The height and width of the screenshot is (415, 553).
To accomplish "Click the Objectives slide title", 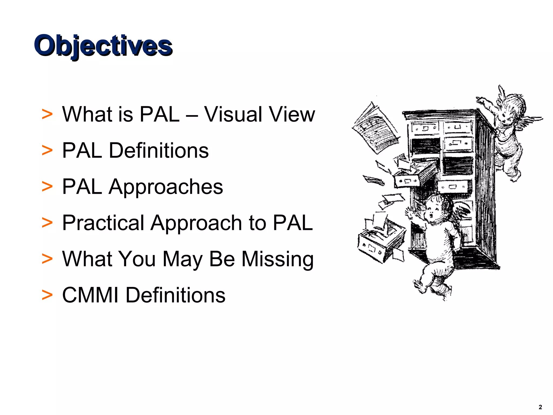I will (x=103, y=46).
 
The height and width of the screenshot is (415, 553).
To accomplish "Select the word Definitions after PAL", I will (x=159, y=150).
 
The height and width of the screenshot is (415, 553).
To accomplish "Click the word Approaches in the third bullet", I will (x=166, y=187).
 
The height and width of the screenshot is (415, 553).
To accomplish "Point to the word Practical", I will (x=103, y=223).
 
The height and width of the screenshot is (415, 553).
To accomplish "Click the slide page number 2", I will (x=540, y=407).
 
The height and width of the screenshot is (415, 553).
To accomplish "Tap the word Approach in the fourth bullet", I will (x=196, y=223).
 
